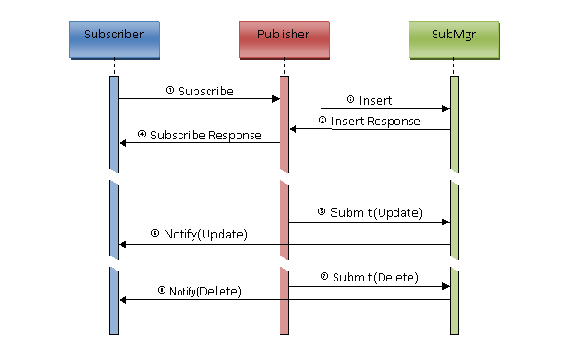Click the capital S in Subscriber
click(x=87, y=36)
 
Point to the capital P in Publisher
click(x=260, y=36)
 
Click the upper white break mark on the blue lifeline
click(x=114, y=177)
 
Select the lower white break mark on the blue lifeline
click(x=114, y=264)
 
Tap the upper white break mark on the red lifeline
click(x=284, y=177)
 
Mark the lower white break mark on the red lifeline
click(x=284, y=264)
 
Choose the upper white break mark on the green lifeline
click(x=454, y=177)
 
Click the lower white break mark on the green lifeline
click(x=454, y=264)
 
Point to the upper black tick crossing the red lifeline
click(x=284, y=245)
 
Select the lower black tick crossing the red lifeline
click(x=284, y=300)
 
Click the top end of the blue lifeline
click(x=114, y=78)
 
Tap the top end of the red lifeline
click(x=284, y=78)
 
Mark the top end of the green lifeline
click(x=454, y=78)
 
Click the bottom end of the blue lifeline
click(x=114, y=332)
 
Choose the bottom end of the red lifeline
click(x=284, y=332)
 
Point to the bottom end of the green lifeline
click(x=454, y=332)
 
